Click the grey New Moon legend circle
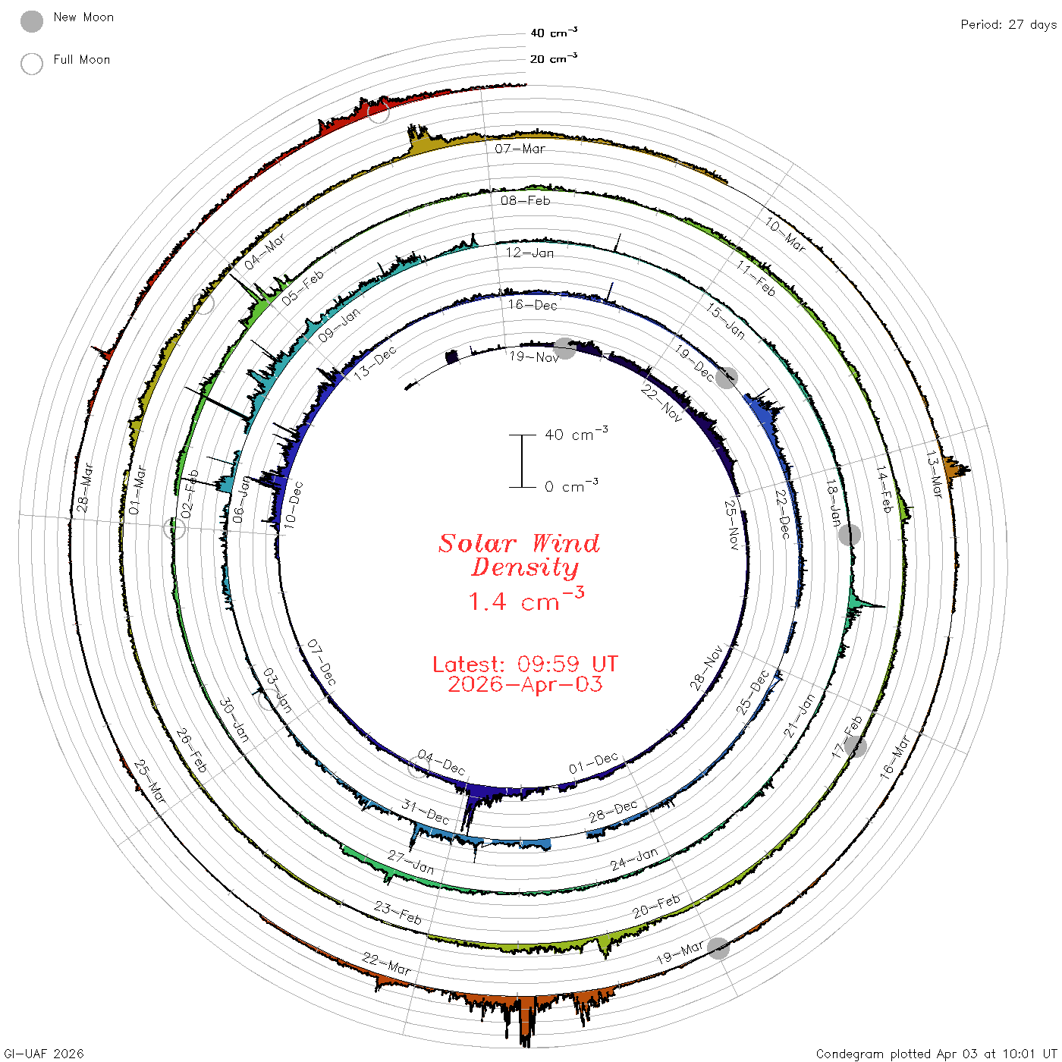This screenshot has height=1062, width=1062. click(31, 21)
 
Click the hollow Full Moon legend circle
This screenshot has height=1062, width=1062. click(31, 64)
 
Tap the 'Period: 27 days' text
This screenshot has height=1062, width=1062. click(1008, 25)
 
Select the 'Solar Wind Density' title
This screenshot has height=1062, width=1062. click(519, 555)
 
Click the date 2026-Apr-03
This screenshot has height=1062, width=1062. click(525, 684)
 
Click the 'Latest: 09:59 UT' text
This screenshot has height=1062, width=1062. click(525, 664)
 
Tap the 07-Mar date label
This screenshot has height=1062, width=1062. click(519, 149)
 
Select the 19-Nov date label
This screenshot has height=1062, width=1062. click(533, 357)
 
